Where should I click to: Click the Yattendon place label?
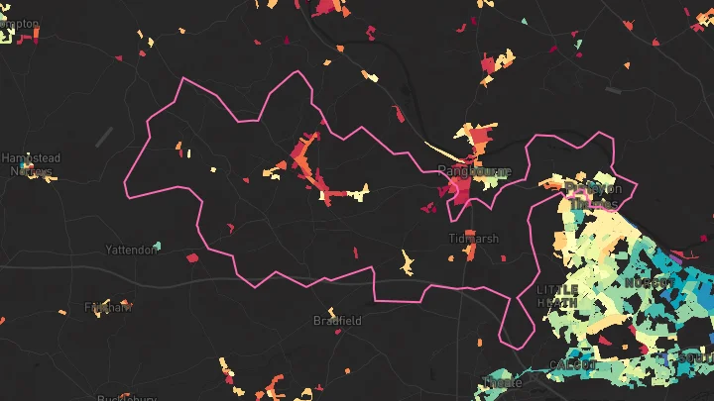click(131, 250)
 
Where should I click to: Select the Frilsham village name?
click(108, 307)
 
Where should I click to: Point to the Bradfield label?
click(337, 321)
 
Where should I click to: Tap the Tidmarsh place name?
click(473, 239)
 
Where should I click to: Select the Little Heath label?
click(556, 295)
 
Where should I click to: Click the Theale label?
click(505, 382)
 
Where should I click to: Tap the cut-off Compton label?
click(20, 22)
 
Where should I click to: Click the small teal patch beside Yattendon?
click(157, 246)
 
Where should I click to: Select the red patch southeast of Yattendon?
click(190, 257)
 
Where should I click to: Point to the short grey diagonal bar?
click(104, 138)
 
